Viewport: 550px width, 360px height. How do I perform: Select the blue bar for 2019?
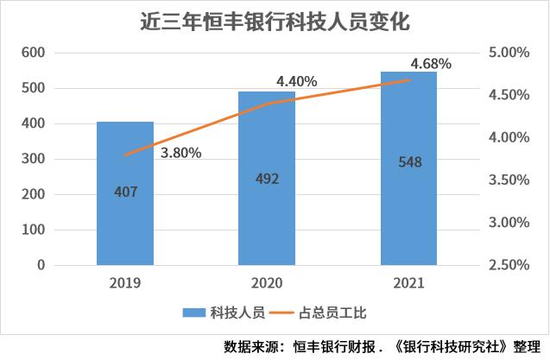125,224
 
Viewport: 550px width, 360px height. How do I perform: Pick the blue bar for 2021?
409,207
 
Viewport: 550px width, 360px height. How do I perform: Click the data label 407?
125,192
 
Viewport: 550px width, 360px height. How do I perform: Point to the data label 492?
267,180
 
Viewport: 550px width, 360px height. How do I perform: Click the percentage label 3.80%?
180,153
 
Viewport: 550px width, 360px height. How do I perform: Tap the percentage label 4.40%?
296,81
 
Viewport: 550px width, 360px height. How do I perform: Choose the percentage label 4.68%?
432,63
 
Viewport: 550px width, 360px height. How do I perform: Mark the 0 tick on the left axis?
40,265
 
